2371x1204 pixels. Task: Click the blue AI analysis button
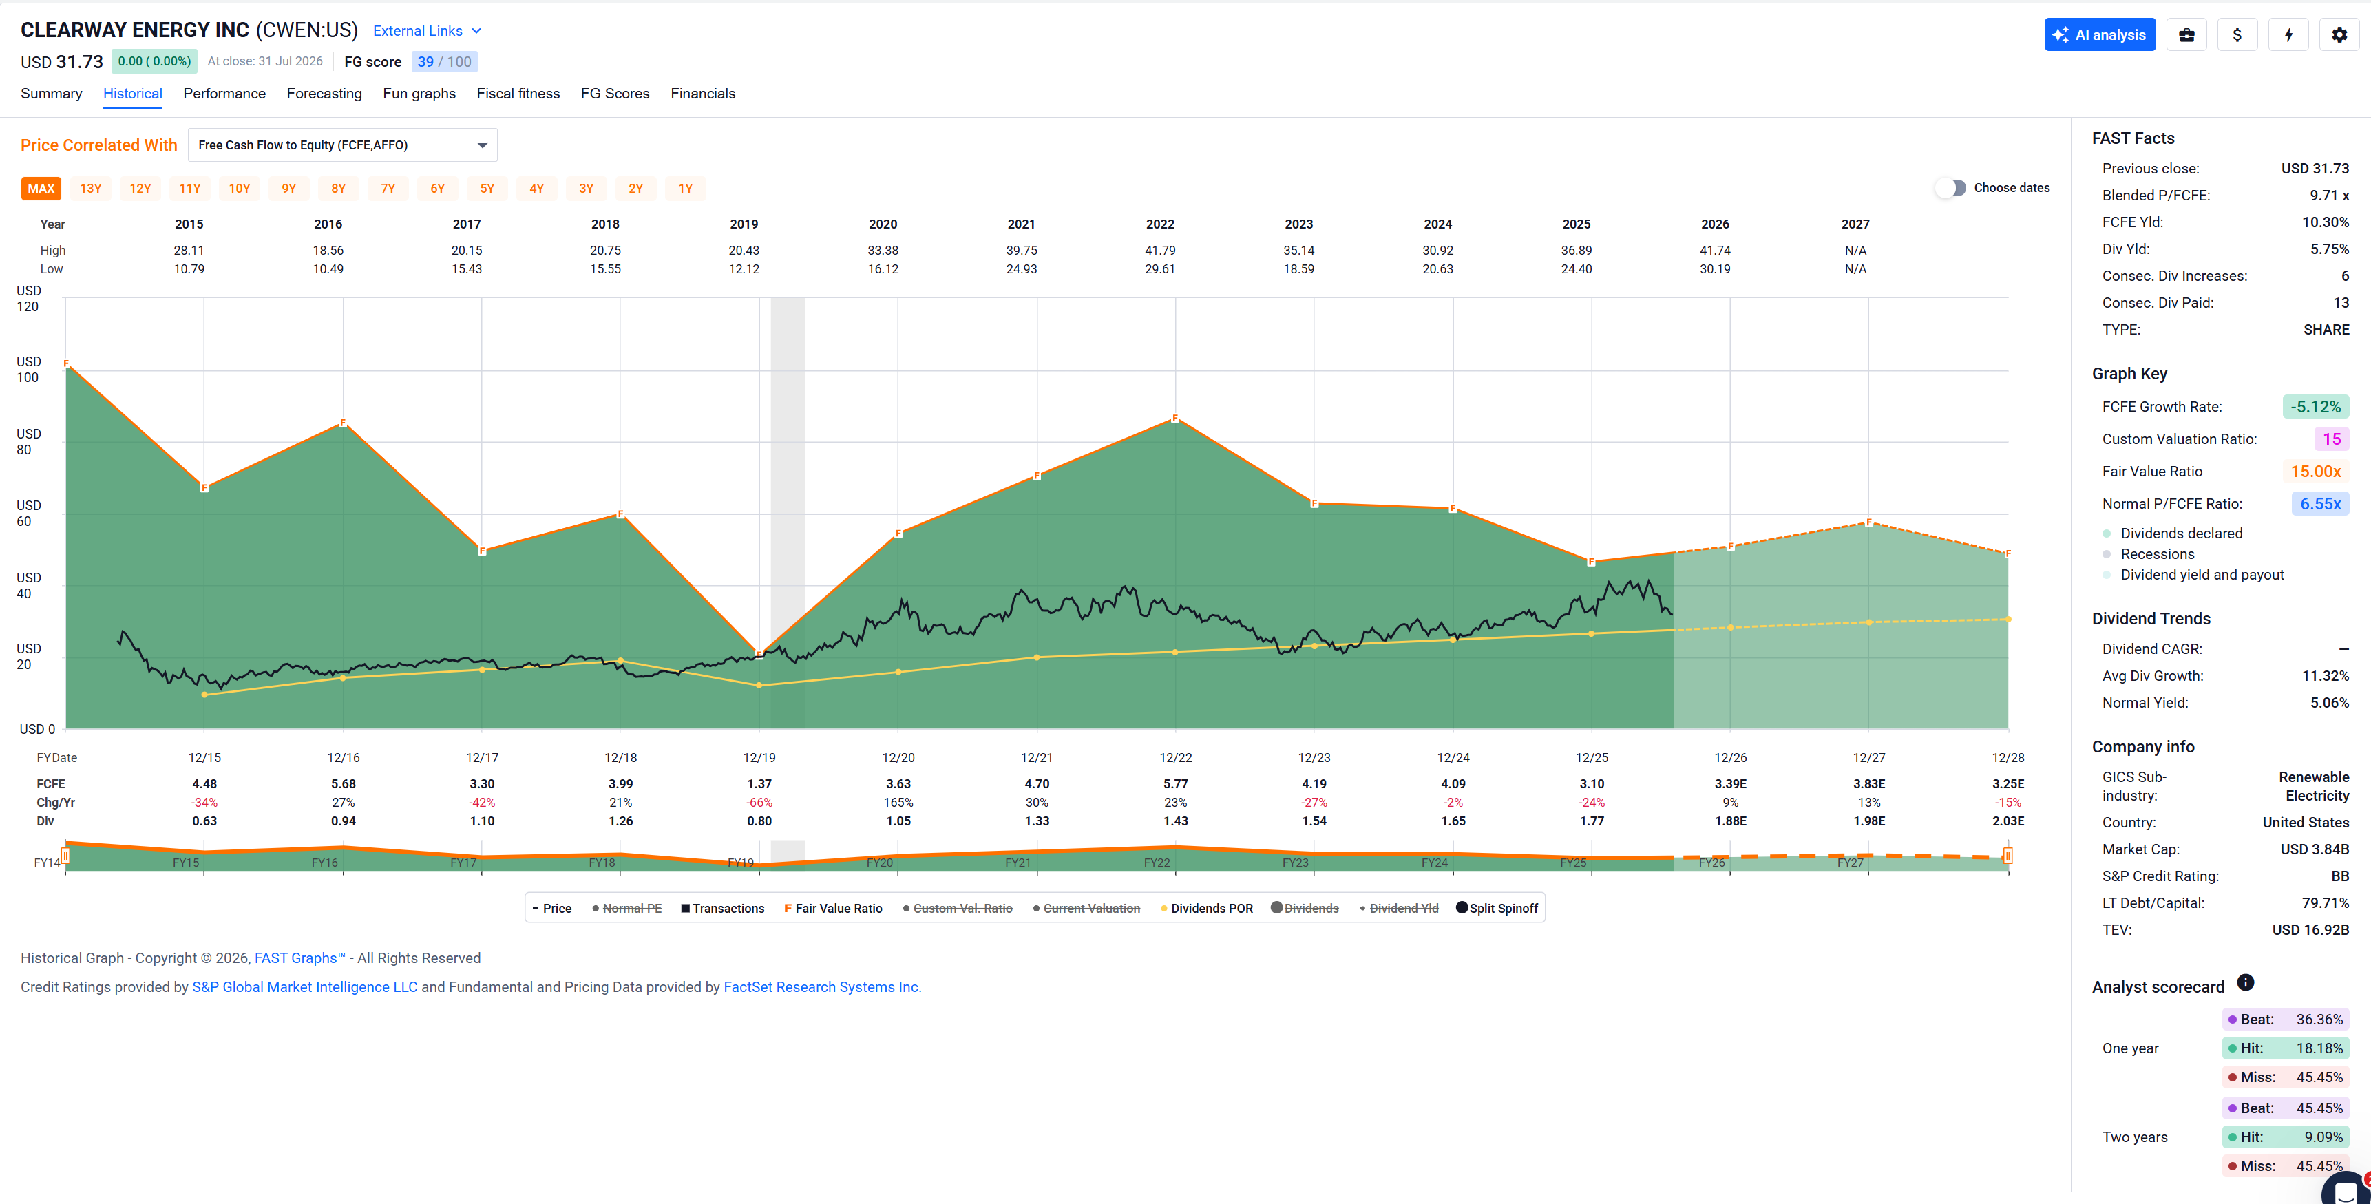click(2100, 35)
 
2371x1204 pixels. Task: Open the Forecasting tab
click(324, 94)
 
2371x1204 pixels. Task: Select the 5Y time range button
click(487, 189)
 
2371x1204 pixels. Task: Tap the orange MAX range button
click(41, 189)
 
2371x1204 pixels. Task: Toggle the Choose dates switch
click(1950, 188)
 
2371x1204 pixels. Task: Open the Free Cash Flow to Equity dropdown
click(342, 145)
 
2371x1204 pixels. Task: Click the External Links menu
click(427, 31)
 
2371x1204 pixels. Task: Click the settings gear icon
click(2339, 35)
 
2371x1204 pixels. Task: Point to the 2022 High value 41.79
click(1160, 251)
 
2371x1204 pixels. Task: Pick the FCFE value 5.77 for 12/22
click(1175, 784)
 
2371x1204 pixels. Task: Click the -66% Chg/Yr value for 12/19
click(759, 803)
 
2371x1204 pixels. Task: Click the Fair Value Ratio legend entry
click(833, 909)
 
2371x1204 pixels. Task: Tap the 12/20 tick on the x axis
click(898, 757)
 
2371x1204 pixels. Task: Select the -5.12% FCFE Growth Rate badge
click(2316, 407)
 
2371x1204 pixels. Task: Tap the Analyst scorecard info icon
click(2246, 983)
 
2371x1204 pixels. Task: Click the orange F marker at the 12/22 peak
click(1175, 419)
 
